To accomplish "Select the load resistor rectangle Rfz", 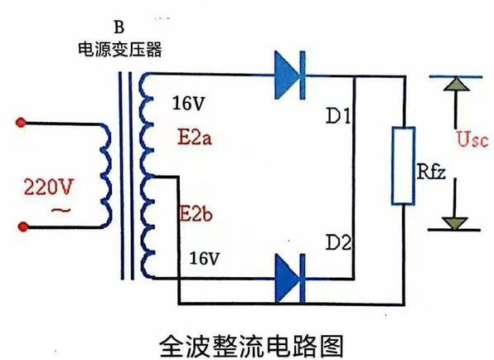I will click(404, 166).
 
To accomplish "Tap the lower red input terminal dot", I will click(22, 226).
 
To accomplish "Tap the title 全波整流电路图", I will click(248, 340).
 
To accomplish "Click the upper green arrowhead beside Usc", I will click(452, 85).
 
